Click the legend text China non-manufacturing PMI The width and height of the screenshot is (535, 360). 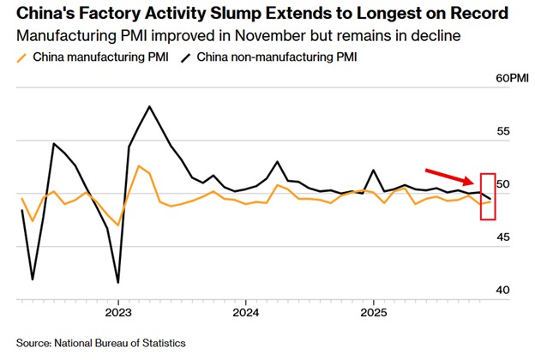coord(275,57)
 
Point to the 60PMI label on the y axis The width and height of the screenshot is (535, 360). coord(513,78)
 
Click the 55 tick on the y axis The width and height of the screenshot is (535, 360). coord(504,131)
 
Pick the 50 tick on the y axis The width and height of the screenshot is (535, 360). coord(504,184)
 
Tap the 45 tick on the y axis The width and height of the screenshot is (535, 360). coord(504,237)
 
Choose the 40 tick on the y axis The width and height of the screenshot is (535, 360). coord(504,291)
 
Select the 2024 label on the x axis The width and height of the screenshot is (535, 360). coord(245,313)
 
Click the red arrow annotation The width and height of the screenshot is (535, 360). coord(449,176)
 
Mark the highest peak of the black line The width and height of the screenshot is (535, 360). coord(150,106)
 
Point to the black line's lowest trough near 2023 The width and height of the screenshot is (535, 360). coord(117,282)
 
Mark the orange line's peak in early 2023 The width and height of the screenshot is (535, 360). coord(139,165)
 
